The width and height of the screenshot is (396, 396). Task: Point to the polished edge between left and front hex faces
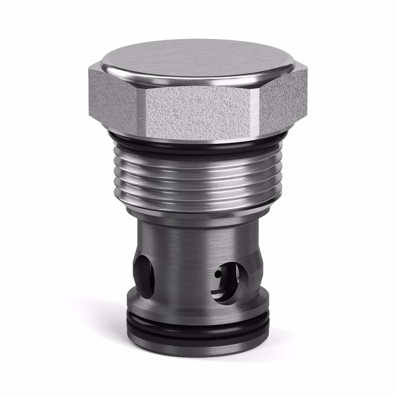point(142,111)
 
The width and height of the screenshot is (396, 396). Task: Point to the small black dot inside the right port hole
point(217,273)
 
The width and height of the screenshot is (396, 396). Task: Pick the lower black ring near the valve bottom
point(198,335)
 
